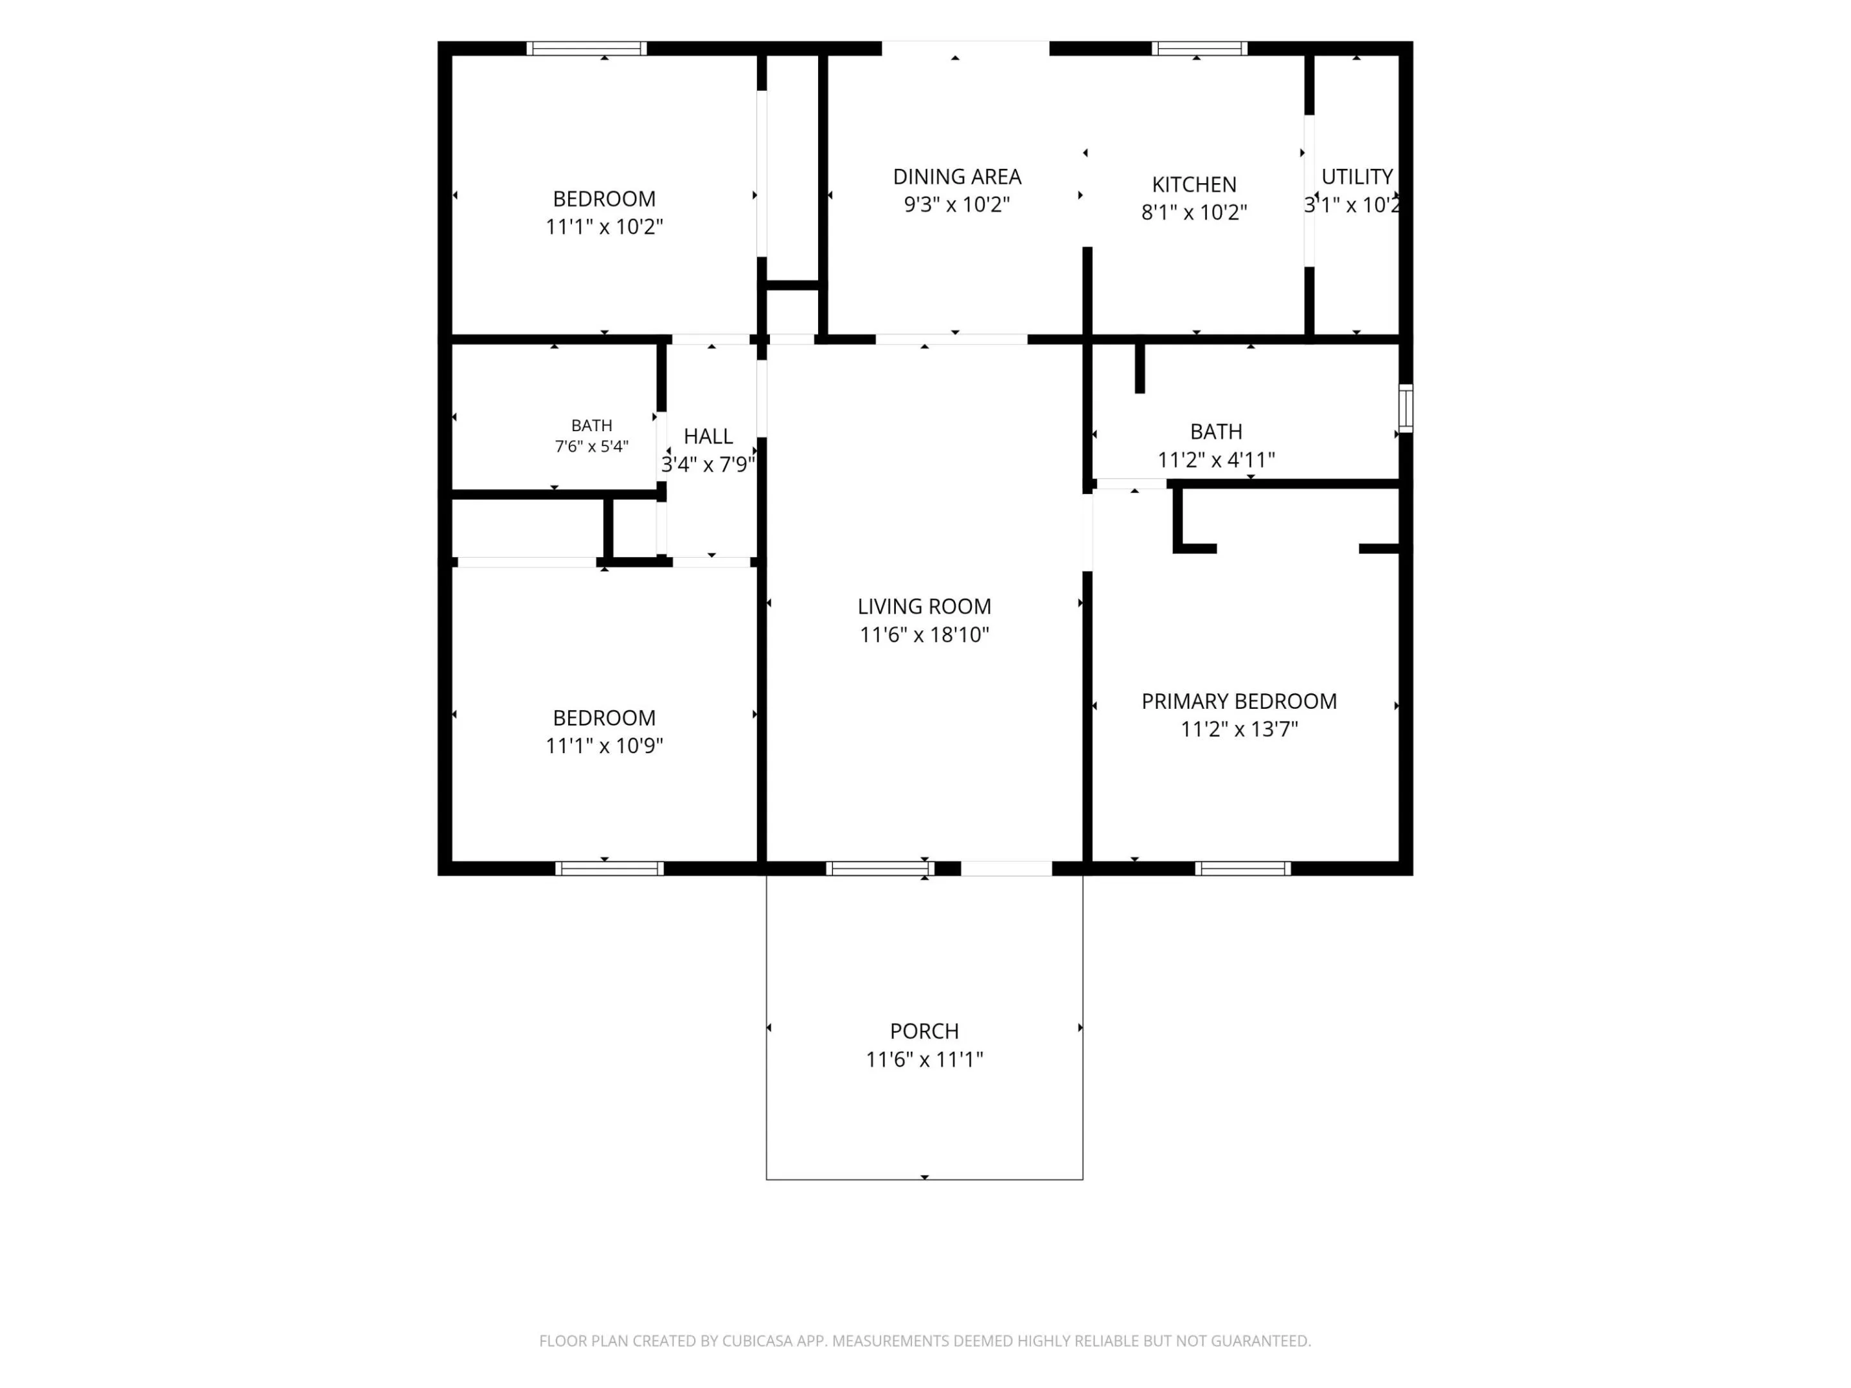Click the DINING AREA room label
[956, 177]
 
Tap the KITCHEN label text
[1194, 184]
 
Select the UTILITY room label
[1357, 177]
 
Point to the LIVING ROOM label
[924, 606]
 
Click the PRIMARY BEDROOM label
[1238, 701]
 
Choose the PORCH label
[924, 1031]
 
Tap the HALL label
[708, 436]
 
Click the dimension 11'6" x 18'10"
[924, 635]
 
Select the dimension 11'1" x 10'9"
[604, 745]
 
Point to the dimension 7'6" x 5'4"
[592, 447]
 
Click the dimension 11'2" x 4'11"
[1216, 459]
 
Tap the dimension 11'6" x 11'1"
[924, 1059]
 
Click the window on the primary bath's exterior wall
[1406, 408]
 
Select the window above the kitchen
[1199, 49]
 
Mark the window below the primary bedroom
[1242, 868]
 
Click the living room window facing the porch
[881, 868]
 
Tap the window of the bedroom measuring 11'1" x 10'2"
[587, 49]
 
